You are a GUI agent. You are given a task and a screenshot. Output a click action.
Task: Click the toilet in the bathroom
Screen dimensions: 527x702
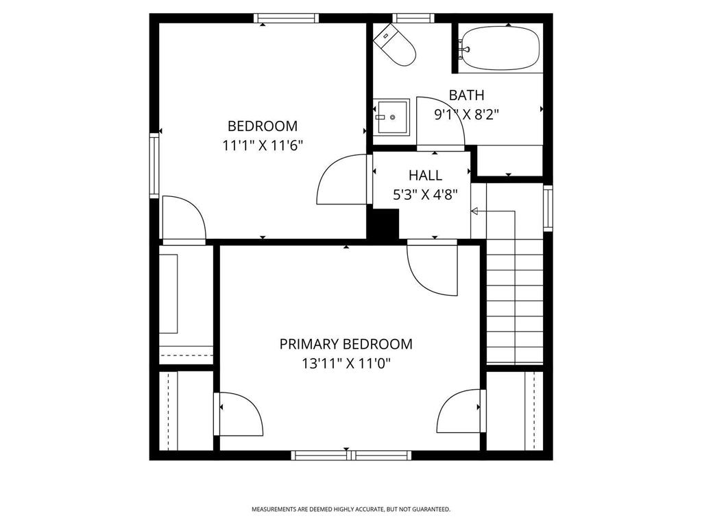(395, 45)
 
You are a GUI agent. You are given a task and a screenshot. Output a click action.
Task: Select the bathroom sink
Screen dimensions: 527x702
(391, 117)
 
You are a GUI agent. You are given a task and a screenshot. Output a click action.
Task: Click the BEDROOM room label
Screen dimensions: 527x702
(263, 126)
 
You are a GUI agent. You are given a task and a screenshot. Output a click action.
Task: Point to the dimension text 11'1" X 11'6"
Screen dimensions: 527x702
(263, 145)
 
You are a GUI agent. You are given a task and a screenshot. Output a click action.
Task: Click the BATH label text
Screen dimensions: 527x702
(466, 95)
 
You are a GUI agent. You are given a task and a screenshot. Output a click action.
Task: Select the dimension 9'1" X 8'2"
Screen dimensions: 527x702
(466, 115)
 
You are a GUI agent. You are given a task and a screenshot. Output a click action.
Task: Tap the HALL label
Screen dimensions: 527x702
(425, 176)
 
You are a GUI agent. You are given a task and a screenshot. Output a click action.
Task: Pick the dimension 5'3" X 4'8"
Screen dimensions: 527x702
(425, 195)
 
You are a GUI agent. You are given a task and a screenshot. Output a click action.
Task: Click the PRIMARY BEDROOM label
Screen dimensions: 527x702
(346, 344)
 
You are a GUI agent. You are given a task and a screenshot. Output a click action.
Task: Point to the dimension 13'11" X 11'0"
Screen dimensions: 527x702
(346, 363)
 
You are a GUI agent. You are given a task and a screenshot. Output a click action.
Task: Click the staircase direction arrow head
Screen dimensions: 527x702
(474, 212)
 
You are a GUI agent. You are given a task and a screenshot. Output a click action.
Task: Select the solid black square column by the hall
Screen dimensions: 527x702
(384, 224)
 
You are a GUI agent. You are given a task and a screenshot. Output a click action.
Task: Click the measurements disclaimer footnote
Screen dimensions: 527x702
(350, 509)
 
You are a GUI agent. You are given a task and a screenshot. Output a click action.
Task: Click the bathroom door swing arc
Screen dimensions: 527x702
(440, 121)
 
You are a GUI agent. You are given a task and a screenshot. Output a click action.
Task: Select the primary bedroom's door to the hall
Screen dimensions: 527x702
(431, 268)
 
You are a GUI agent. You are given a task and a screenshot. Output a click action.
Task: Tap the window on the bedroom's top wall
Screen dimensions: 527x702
(286, 19)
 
